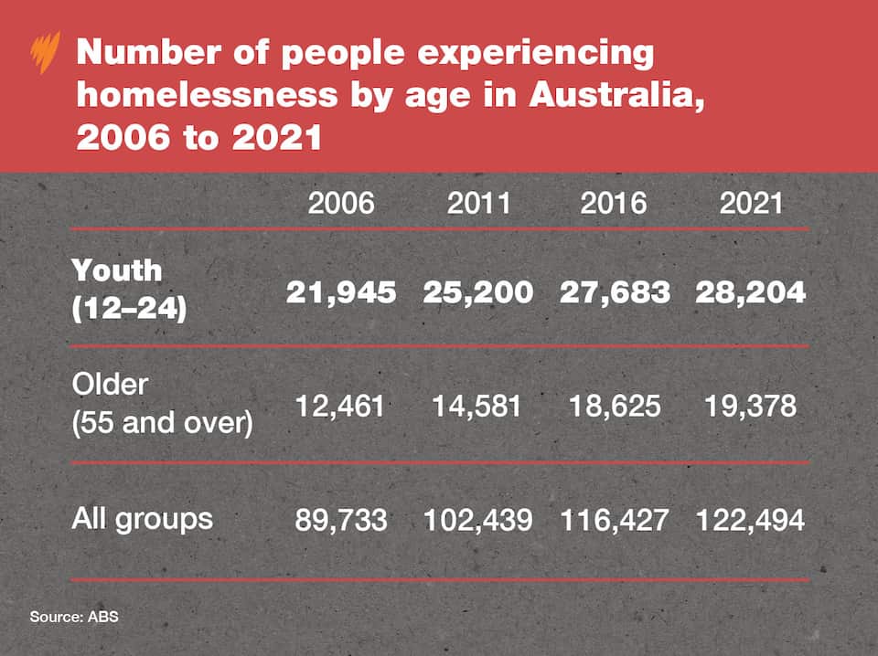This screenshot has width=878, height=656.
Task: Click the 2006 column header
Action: coord(341,202)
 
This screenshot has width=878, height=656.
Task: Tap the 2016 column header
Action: coord(614,202)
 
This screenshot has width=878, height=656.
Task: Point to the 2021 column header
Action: coord(751,202)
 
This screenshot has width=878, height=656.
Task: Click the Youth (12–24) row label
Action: coord(129,290)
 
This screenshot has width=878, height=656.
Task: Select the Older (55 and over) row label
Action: coord(162,404)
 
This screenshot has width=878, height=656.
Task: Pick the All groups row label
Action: coord(142,519)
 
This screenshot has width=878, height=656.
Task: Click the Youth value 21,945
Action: coord(341,291)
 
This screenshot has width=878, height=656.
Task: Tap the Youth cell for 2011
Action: coord(478,291)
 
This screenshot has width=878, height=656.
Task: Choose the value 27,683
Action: coord(615,291)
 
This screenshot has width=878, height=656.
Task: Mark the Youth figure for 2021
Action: coord(751,291)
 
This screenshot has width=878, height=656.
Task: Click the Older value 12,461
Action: coord(341,406)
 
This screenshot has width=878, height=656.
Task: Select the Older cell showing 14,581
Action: coord(478,406)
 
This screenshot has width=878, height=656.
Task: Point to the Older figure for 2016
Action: coord(614,406)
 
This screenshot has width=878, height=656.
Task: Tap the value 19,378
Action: coord(751,406)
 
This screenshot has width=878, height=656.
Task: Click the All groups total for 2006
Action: coord(341,520)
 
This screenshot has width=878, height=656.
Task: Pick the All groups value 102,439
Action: coord(478,520)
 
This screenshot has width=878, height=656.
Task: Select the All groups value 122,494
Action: coord(751,520)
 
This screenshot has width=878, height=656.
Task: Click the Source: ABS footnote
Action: coord(74,617)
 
